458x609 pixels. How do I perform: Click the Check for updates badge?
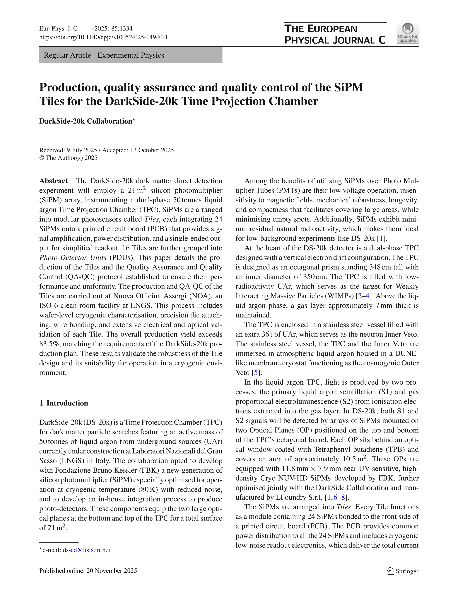click(x=407, y=33)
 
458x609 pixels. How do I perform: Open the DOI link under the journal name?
click(x=103, y=37)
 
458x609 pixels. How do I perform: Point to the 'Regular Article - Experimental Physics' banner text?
click(x=104, y=55)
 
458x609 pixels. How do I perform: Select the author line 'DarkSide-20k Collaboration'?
click(x=86, y=121)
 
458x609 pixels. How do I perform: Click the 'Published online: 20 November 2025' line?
click(x=88, y=570)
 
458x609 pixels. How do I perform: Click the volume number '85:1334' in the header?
click(x=122, y=28)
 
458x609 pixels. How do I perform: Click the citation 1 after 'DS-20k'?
click(x=381, y=238)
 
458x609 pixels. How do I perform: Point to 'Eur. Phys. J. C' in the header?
click(x=58, y=28)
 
